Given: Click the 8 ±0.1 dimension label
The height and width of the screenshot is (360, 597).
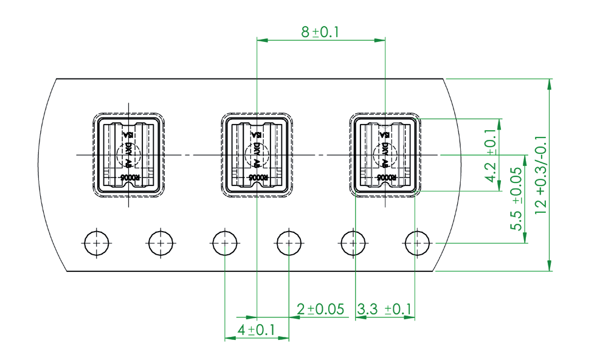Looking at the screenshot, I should point(320,32).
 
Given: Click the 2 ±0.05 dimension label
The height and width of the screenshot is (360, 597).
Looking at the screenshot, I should point(320,310).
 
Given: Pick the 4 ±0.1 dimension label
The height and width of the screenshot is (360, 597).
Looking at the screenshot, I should point(255,330).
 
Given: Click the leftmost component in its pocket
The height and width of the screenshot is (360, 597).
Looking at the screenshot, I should point(128,154).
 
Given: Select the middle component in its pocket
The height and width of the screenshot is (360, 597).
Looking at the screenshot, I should point(257,154).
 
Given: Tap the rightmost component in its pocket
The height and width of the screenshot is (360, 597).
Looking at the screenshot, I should point(385,154).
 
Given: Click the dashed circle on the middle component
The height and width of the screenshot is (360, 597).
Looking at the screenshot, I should point(255,154).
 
